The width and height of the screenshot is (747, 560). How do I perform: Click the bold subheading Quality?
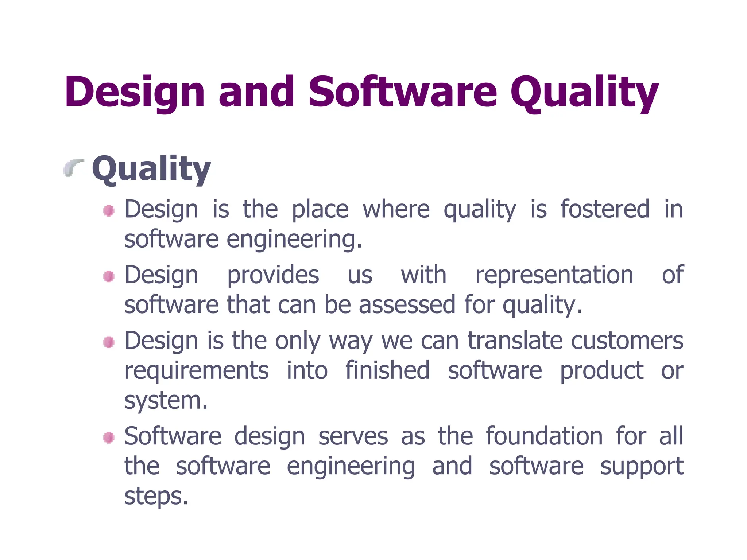click(151, 168)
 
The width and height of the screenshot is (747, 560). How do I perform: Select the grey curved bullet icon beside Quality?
click(73, 168)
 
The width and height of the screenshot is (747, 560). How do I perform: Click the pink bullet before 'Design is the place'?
click(109, 210)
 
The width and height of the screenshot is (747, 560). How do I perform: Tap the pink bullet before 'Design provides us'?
click(109, 276)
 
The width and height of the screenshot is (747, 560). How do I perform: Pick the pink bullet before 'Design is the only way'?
click(109, 342)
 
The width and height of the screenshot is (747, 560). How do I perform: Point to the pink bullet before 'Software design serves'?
click(109, 437)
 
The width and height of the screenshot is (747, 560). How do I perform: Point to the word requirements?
click(197, 370)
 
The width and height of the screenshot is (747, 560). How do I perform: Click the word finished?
click(387, 370)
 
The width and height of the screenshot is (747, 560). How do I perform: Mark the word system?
click(166, 400)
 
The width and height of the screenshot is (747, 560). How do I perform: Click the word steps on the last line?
click(156, 496)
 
